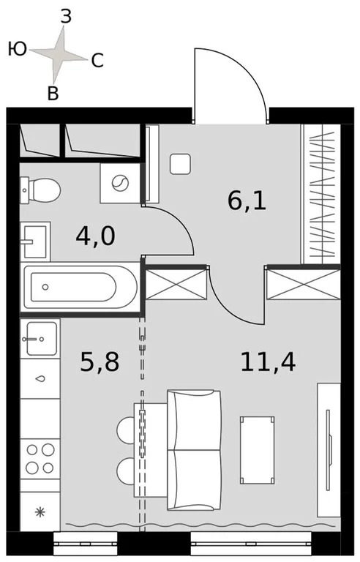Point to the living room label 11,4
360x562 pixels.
268,361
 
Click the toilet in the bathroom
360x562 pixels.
42,191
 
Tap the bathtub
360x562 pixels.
80,287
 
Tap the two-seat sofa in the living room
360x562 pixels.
193,449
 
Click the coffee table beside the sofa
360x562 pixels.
259,449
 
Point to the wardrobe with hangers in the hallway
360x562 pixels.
321,194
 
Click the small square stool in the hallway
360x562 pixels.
180,163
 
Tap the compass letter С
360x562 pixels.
97,62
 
